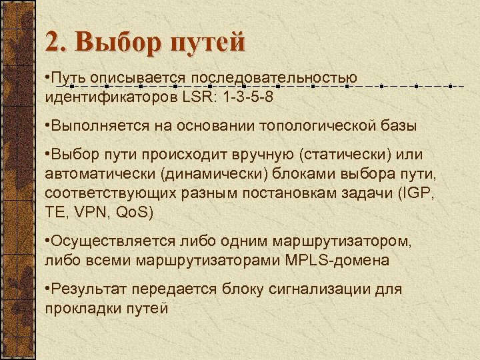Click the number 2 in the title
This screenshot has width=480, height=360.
[x=53, y=41]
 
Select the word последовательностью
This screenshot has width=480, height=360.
[x=274, y=77]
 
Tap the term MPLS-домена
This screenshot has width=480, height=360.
[x=341, y=260]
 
